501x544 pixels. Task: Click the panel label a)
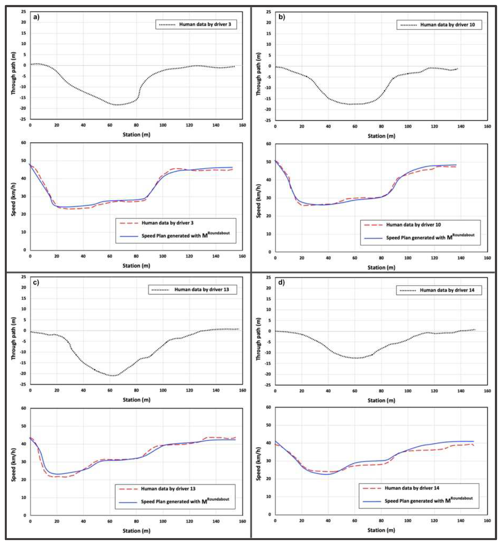pyautogui.click(x=36, y=17)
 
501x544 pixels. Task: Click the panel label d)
pyautogui.click(x=281, y=283)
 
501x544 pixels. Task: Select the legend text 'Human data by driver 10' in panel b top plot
pyautogui.click(x=447, y=25)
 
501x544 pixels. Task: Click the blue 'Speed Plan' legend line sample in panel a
pyautogui.click(x=129, y=236)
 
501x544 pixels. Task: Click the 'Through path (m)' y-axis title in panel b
pyautogui.click(x=258, y=74)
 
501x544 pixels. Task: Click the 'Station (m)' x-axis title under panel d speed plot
pyautogui.click(x=381, y=530)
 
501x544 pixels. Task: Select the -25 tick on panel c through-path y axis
pyautogui.click(x=23, y=384)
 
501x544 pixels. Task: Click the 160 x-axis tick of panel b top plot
pyautogui.click(x=487, y=127)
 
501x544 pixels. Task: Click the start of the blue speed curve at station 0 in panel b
pyautogui.click(x=276, y=161)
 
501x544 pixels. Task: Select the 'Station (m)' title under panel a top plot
pyautogui.click(x=136, y=135)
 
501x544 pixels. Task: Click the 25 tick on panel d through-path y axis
pyautogui.click(x=268, y=277)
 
